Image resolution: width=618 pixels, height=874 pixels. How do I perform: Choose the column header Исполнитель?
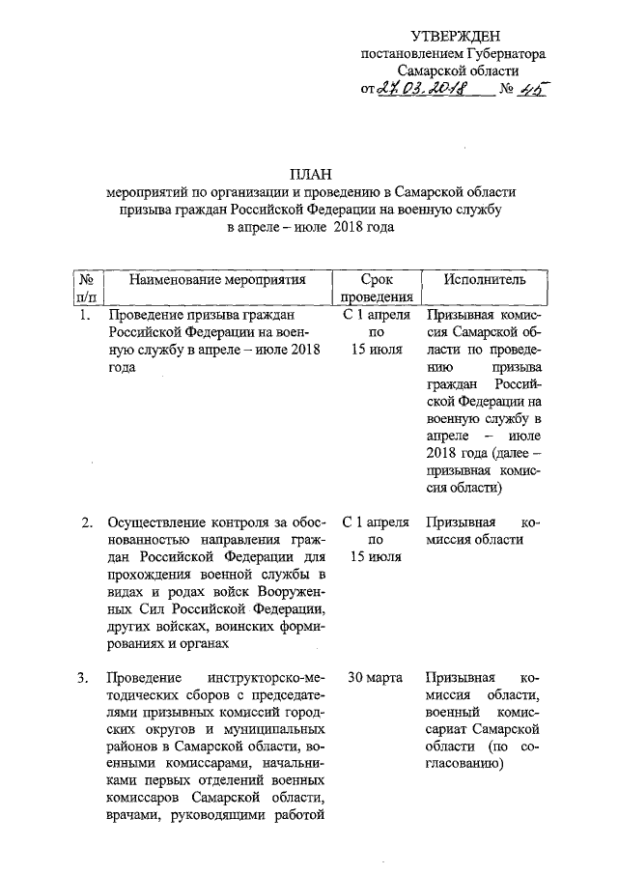pyautogui.click(x=486, y=280)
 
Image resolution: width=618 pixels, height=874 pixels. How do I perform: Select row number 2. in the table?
pyautogui.click(x=86, y=523)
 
